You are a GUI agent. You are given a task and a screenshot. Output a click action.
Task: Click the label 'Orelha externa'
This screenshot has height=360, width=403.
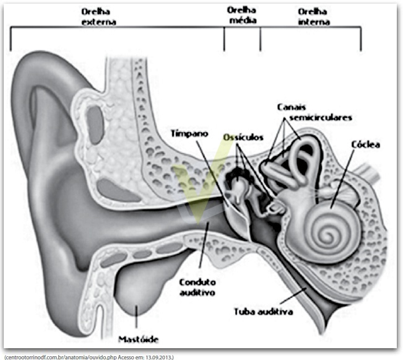coord(98,17)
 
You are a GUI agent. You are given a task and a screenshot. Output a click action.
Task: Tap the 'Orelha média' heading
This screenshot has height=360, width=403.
coord(242,15)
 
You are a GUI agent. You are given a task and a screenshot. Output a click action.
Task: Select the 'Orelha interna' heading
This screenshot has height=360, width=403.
coord(314,17)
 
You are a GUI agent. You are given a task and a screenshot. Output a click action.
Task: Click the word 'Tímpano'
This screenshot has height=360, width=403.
coord(189,134)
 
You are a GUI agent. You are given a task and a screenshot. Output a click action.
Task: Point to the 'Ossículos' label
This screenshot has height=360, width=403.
coord(243,138)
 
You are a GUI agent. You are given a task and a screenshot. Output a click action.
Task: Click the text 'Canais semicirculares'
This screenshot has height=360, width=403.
coord(314,112)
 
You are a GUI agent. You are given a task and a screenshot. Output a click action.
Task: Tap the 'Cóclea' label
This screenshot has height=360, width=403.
coord(365,144)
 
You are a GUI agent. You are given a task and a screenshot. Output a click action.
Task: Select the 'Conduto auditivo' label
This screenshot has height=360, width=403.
coord(197,288)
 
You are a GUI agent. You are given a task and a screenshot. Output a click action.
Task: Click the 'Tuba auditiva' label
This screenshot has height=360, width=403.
coord(264,312)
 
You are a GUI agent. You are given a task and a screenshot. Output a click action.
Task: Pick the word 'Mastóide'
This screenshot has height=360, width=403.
coord(138,340)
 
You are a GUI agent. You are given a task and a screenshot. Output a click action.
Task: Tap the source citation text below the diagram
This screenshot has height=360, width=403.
coord(89,357)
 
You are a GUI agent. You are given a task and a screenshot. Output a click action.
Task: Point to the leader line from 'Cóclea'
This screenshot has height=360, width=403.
coord(342,179)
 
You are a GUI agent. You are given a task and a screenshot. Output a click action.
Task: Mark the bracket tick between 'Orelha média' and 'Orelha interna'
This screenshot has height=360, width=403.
coord(260,39)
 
